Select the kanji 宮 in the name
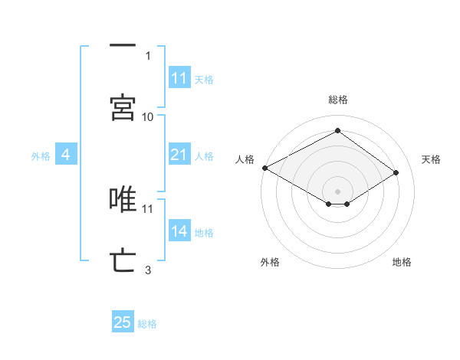click(123, 108)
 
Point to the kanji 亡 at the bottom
click(123, 260)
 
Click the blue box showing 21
click(179, 155)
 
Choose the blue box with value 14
click(179, 231)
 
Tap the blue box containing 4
click(66, 155)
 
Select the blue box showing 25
click(123, 322)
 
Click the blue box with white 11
click(179, 78)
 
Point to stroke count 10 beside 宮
click(148, 116)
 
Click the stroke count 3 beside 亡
click(148, 270)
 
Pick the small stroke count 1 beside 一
click(148, 55)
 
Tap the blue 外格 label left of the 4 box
click(41, 156)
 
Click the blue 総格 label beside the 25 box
click(147, 324)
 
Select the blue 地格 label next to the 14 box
click(204, 233)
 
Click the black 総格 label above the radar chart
click(338, 100)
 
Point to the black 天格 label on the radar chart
click(432, 159)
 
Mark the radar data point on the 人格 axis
click(264, 168)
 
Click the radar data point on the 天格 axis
click(396, 173)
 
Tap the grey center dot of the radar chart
click(338, 191)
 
